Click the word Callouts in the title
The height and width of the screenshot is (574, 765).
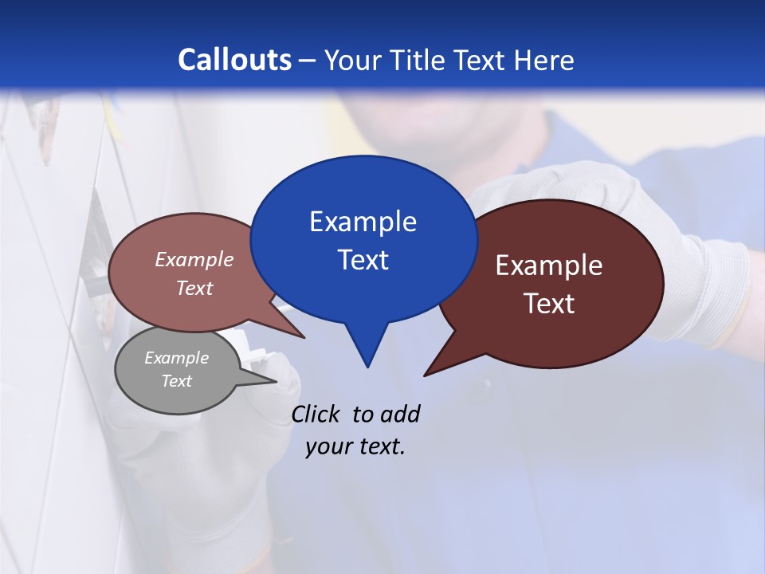click(235, 60)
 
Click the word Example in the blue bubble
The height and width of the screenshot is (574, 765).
click(363, 222)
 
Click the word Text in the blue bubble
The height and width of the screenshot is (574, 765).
click(363, 260)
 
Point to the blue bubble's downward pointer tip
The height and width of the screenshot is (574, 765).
click(367, 366)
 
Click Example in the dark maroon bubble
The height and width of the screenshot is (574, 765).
click(549, 265)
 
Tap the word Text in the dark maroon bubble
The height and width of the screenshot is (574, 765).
click(549, 304)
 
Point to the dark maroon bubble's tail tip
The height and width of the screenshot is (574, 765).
click(426, 375)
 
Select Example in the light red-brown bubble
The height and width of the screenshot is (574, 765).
click(194, 259)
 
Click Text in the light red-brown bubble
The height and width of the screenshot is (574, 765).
click(194, 288)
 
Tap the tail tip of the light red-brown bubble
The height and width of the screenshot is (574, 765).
click(304, 337)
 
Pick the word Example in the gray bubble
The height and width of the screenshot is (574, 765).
click(176, 358)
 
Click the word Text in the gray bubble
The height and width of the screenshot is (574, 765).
click(176, 381)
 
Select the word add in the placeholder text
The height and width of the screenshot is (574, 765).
click(399, 414)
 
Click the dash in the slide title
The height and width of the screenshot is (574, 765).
click(308, 61)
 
